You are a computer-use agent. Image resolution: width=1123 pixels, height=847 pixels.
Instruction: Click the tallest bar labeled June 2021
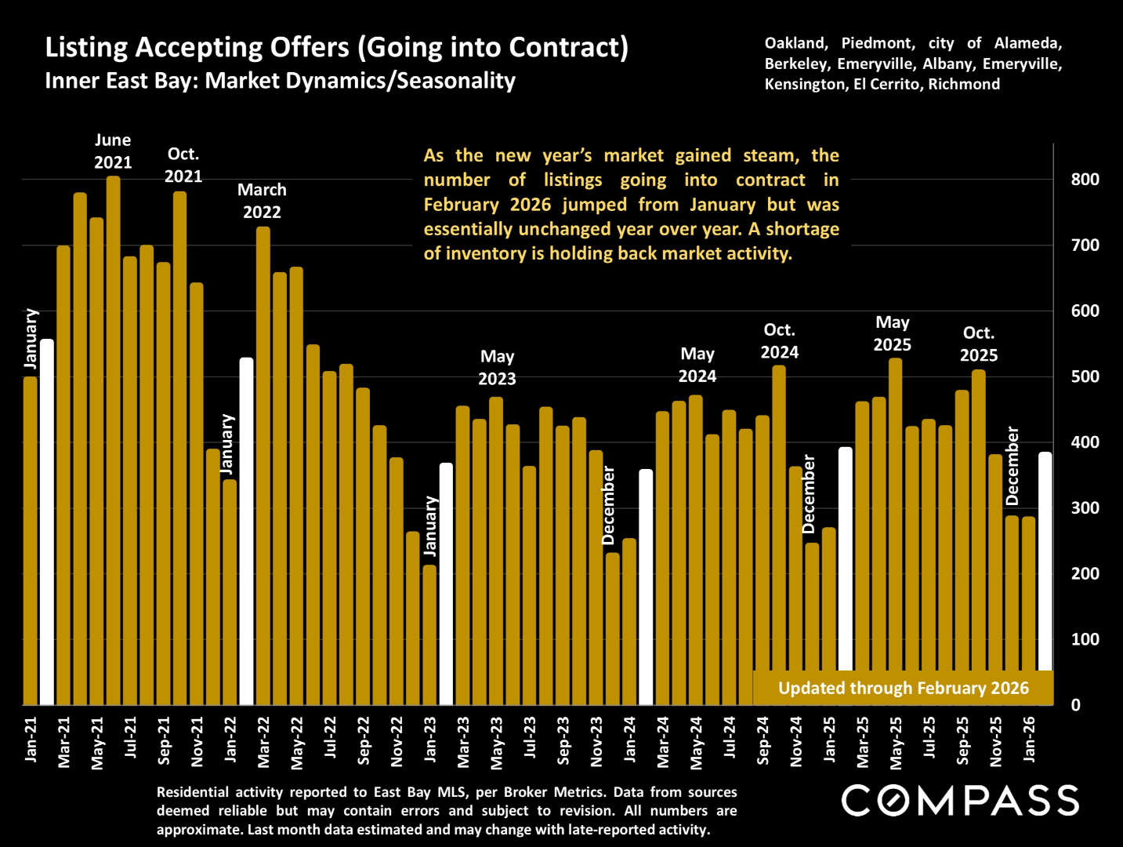tap(114, 439)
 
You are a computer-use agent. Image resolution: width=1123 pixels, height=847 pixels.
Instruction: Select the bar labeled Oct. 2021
tap(180, 447)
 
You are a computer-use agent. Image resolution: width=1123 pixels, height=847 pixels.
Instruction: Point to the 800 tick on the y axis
tap(1085, 180)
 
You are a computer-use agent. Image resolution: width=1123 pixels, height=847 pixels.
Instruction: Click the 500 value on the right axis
tap(1085, 376)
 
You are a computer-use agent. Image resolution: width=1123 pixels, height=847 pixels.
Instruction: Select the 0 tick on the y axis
tap(1076, 705)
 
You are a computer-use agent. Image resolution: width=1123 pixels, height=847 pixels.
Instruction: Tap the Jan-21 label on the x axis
tap(31, 739)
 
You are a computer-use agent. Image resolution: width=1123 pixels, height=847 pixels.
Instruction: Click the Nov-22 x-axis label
tap(397, 741)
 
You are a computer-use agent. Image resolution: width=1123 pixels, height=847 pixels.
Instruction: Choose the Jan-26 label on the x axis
tap(1029, 739)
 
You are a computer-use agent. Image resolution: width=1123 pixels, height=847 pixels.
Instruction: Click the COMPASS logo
tap(960, 801)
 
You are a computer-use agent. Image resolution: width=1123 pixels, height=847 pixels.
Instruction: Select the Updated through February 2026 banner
tap(903, 688)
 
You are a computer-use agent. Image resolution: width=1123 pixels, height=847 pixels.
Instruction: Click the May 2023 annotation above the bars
tap(497, 368)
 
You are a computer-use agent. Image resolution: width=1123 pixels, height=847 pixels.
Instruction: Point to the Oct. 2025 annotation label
tap(979, 344)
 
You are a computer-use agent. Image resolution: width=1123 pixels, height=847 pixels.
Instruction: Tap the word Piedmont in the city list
tap(878, 43)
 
